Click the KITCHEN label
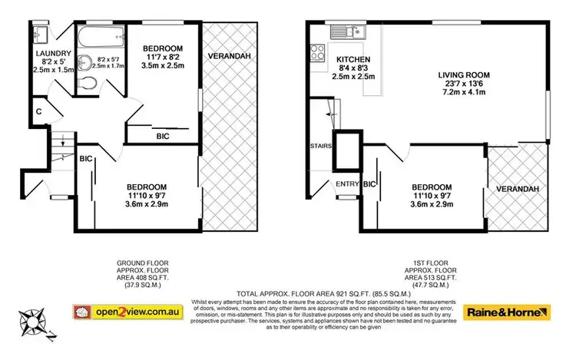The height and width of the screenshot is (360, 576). tap(354, 59)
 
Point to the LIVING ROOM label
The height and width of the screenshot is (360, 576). tap(464, 74)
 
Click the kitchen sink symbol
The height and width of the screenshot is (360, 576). tap(343, 31)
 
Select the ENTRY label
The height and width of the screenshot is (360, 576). tap(347, 183)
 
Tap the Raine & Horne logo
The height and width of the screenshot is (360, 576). tap(508, 312)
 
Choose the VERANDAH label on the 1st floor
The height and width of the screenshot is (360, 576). tap(516, 189)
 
